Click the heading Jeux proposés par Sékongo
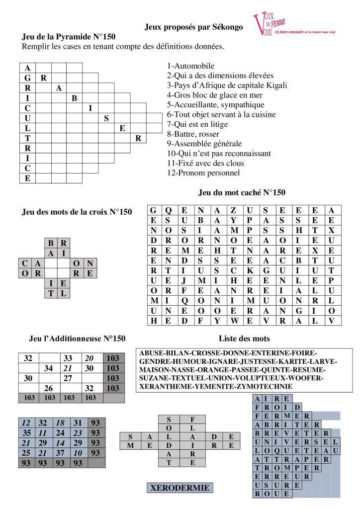[x=194, y=27]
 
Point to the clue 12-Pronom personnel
[x=203, y=172]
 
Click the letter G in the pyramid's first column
[x=27, y=78]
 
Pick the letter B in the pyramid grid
[x=74, y=98]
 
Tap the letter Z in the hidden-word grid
[x=233, y=210]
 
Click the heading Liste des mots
[x=244, y=339]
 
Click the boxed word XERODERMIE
[x=180, y=488]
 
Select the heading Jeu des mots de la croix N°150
[x=77, y=212]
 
